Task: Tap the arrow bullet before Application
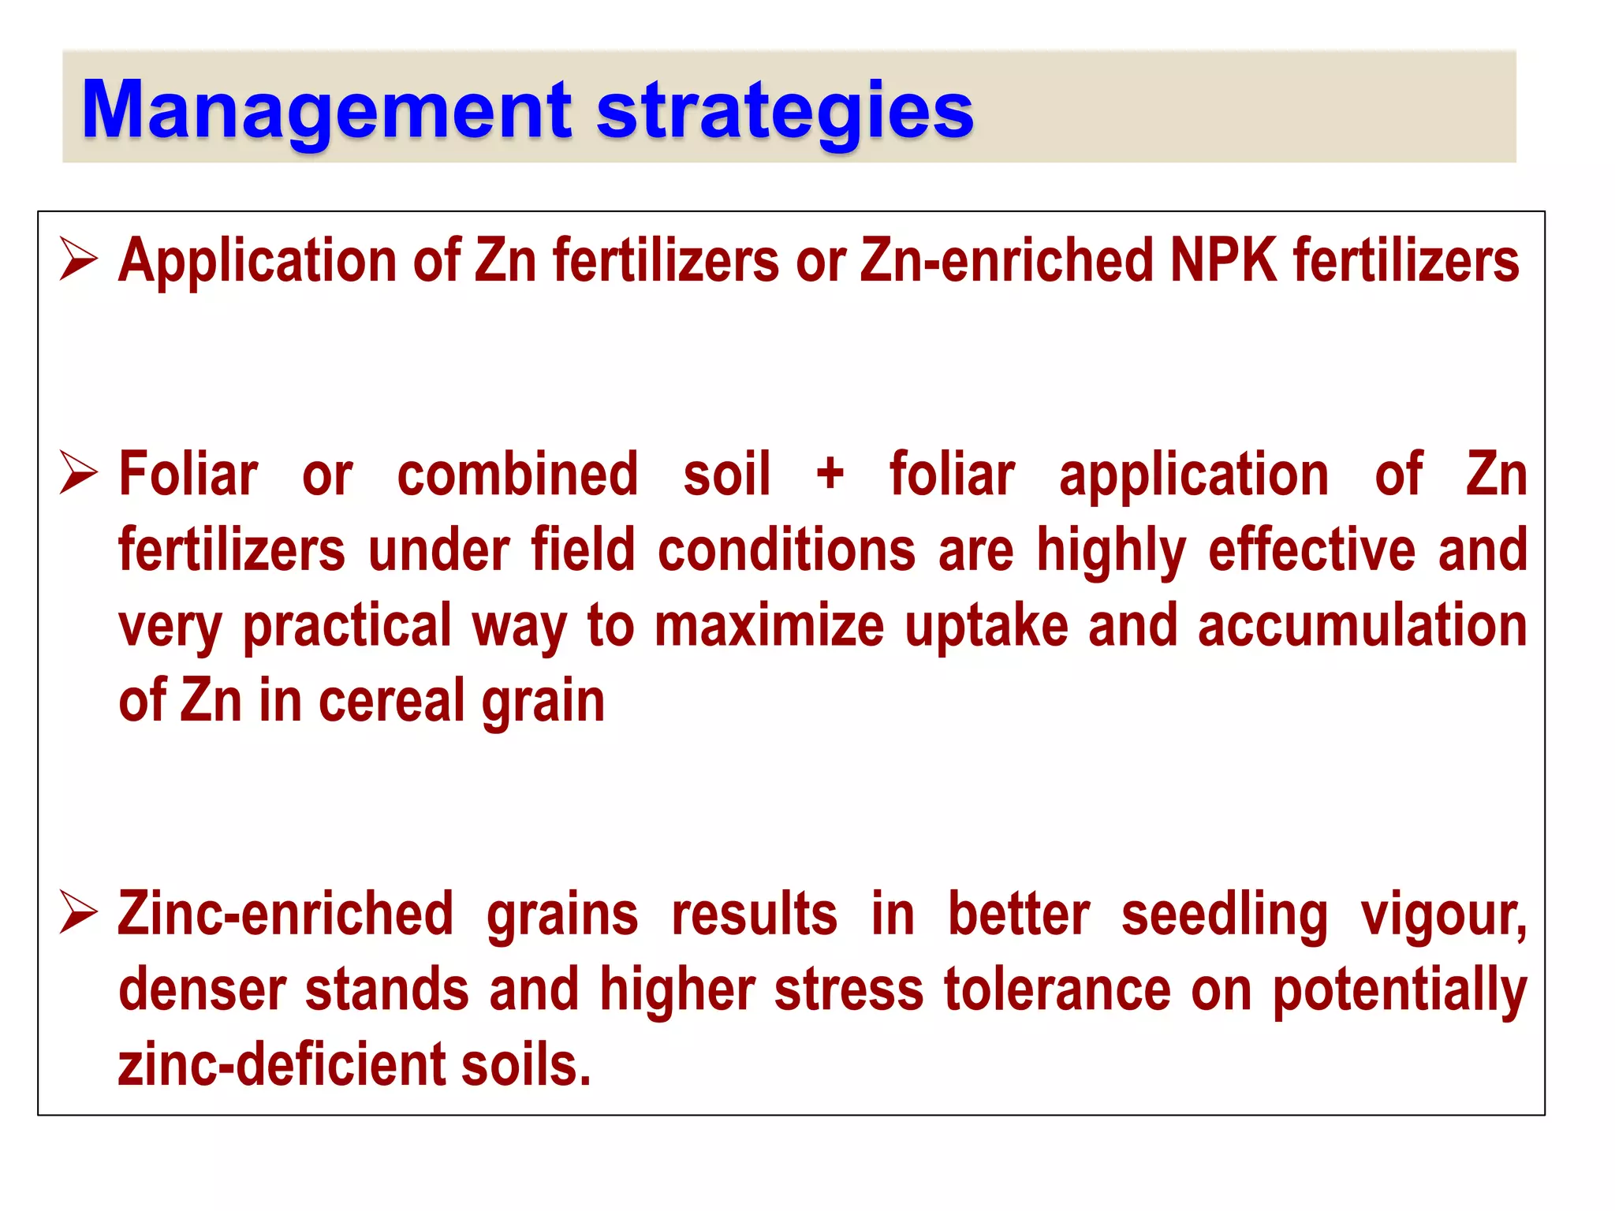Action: click(78, 260)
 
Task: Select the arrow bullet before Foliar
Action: click(78, 474)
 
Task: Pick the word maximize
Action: click(770, 626)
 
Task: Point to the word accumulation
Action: click(1362, 626)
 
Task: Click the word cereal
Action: click(392, 701)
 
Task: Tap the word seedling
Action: click(1225, 915)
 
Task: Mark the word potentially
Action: click(1400, 991)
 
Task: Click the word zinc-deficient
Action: click(281, 1064)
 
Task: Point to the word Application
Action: click(257, 262)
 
